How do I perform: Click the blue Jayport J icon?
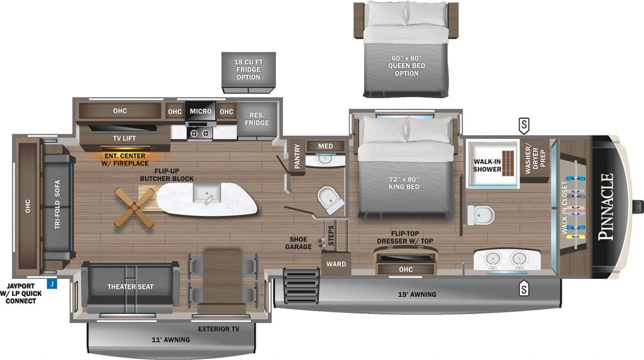click(x=52, y=284)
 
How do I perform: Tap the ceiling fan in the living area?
click(x=135, y=208)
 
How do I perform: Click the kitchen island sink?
click(x=206, y=194)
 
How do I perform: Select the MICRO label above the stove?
click(x=201, y=111)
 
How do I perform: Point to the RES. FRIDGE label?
click(x=257, y=119)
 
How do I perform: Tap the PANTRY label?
click(x=297, y=156)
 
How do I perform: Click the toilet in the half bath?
click(x=331, y=200)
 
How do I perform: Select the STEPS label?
click(x=331, y=235)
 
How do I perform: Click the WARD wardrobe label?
click(x=336, y=264)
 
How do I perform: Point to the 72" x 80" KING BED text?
click(x=404, y=183)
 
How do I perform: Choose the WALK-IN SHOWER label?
click(x=487, y=165)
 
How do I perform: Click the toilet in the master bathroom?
click(x=481, y=215)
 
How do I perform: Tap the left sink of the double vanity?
click(x=492, y=259)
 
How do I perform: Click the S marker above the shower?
click(x=524, y=125)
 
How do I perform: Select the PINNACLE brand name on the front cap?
click(x=606, y=206)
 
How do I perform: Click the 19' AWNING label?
click(x=417, y=295)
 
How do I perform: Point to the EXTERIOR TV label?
click(x=218, y=329)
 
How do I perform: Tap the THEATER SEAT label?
click(x=131, y=286)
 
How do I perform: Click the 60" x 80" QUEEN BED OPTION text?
click(x=407, y=65)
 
